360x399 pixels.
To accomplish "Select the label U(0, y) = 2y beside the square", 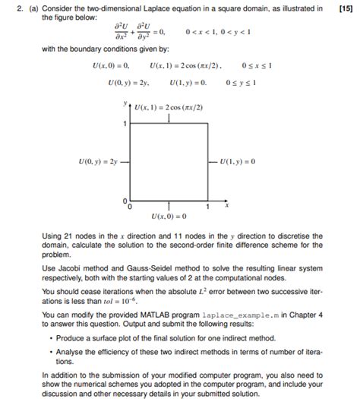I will point(98,161).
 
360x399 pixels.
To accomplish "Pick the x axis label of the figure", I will point(226,204).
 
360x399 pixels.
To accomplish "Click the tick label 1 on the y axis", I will point(125,122).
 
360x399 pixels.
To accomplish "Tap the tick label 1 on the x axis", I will point(207,206).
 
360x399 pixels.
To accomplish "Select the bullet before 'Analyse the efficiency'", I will point(49,351).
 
